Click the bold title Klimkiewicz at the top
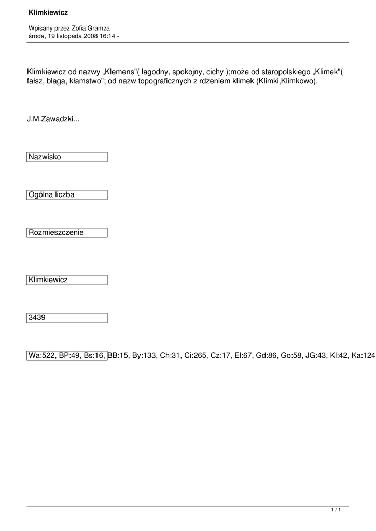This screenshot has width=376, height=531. (48, 12)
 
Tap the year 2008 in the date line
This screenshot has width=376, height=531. (85, 36)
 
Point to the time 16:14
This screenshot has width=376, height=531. (106, 36)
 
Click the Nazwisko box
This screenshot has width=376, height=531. (67, 157)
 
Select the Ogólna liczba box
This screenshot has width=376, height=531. (67, 195)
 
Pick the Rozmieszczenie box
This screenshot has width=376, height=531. (67, 233)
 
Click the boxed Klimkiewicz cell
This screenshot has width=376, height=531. (67, 280)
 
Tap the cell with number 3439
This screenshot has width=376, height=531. (67, 318)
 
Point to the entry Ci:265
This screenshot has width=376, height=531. (192, 356)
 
